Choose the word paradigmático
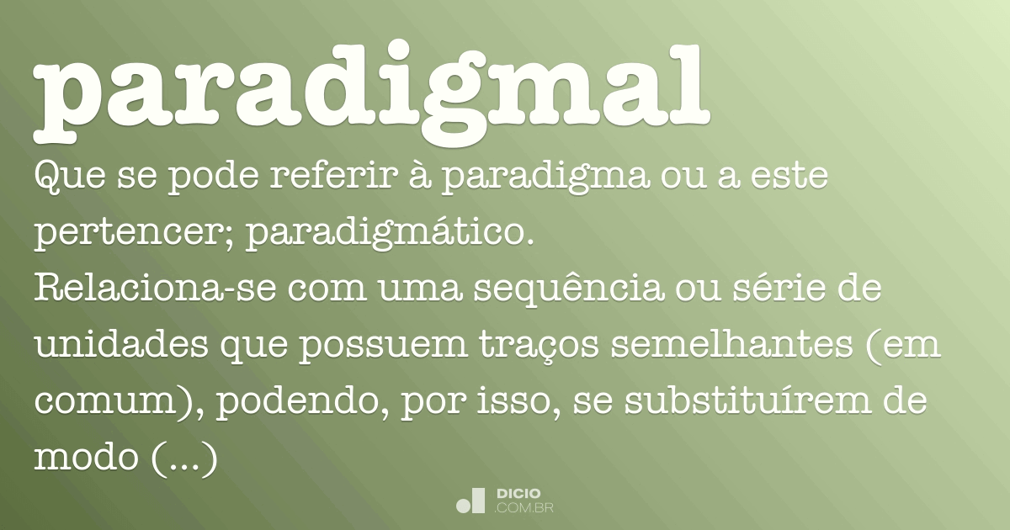391,236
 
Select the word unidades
122,347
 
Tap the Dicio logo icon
470,501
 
